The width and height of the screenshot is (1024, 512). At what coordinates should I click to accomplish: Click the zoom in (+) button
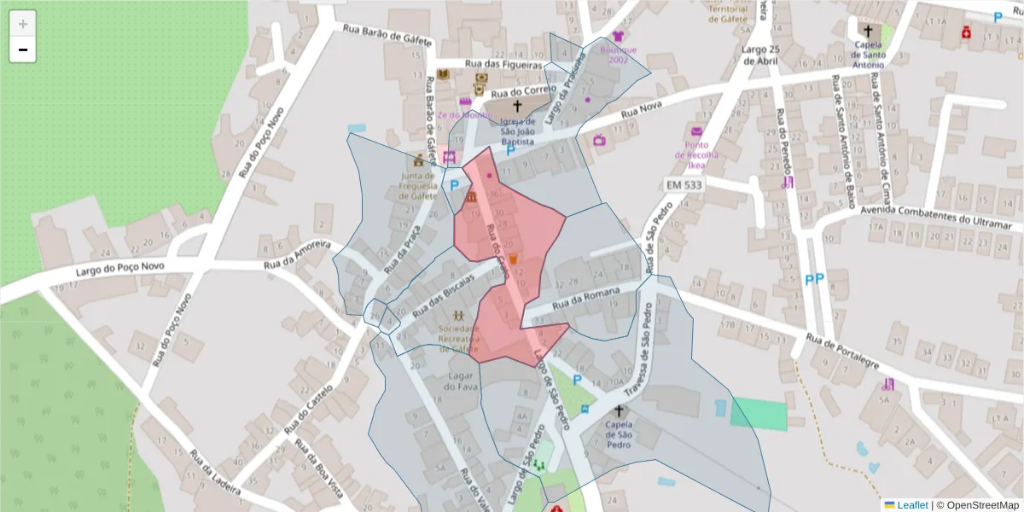click(x=23, y=23)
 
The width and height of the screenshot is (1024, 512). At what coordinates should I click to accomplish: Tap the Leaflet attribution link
click(x=911, y=505)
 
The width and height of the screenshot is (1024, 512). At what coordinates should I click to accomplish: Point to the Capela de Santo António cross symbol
click(x=868, y=31)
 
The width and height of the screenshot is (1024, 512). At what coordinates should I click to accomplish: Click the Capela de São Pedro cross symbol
click(x=619, y=411)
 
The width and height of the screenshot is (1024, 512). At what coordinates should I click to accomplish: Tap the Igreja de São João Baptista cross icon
click(x=517, y=108)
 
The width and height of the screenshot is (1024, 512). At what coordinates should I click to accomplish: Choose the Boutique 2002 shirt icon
click(x=618, y=37)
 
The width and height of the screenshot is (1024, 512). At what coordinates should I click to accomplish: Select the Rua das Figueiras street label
click(x=504, y=64)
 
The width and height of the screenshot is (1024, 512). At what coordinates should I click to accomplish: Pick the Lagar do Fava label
click(x=464, y=381)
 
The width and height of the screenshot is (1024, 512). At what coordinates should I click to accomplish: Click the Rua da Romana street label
click(x=585, y=300)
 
